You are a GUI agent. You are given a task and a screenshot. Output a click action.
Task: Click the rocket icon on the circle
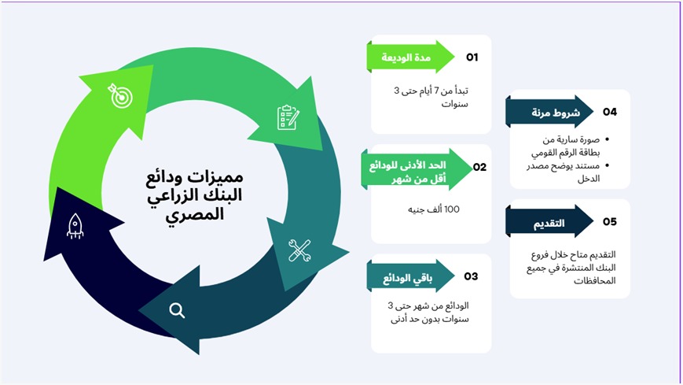(x=75, y=226)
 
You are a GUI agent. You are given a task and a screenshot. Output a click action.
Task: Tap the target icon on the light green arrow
(x=120, y=95)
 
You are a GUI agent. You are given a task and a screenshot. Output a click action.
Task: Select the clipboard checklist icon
(x=288, y=117)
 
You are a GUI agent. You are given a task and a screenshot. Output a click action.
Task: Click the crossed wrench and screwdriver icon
(x=299, y=250)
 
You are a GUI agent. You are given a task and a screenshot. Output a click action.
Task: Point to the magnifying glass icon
(x=177, y=310)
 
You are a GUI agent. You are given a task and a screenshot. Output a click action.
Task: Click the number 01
(x=472, y=57)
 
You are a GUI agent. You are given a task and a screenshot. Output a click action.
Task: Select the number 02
(x=479, y=167)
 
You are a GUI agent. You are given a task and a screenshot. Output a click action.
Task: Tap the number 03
(x=471, y=276)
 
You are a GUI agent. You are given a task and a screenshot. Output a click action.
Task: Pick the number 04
(x=610, y=112)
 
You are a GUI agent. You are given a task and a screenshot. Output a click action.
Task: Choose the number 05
(x=610, y=222)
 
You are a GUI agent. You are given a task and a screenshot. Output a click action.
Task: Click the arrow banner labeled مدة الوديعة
(x=411, y=57)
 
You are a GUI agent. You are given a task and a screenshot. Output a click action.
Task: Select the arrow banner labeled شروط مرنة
(x=549, y=112)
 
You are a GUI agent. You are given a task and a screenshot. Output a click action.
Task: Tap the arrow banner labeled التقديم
(x=549, y=221)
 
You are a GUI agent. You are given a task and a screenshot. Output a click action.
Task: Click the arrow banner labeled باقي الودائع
(x=411, y=276)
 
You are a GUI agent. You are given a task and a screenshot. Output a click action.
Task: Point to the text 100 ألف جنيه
(x=434, y=209)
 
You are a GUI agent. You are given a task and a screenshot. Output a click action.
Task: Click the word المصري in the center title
(x=195, y=215)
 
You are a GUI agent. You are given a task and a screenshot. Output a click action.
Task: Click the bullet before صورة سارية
(x=608, y=139)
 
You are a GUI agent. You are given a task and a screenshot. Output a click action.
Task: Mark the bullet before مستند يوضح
(x=608, y=165)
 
